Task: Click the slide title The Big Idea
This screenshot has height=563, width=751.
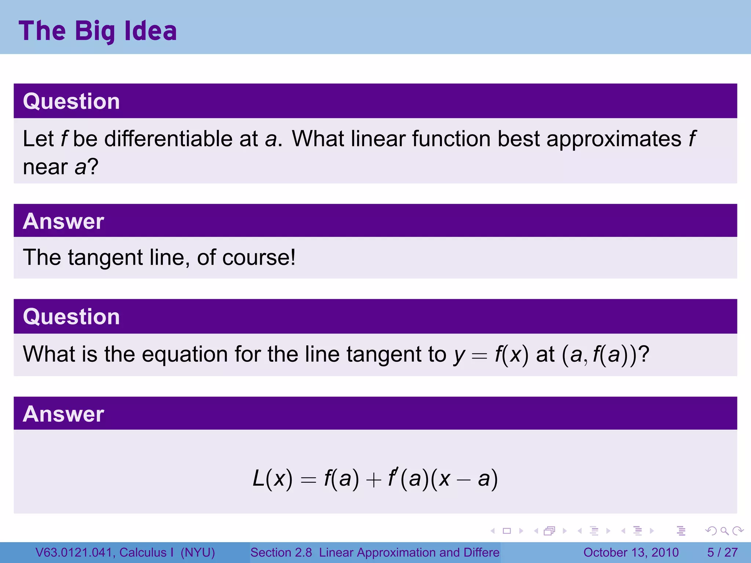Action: coord(98,31)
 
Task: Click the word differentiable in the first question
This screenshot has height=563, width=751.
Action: coord(168,139)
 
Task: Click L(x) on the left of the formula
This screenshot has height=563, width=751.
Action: coord(273,479)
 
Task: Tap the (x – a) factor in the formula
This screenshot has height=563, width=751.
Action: coord(464,479)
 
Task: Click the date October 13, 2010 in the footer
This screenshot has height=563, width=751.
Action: coord(631,552)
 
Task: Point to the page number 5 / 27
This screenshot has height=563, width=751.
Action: coord(722,552)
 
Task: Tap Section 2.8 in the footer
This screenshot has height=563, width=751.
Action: coord(281,552)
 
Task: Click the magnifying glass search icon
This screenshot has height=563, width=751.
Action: coord(724,531)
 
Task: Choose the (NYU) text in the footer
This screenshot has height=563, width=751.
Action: coord(198,552)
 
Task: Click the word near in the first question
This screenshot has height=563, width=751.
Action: coord(45,167)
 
